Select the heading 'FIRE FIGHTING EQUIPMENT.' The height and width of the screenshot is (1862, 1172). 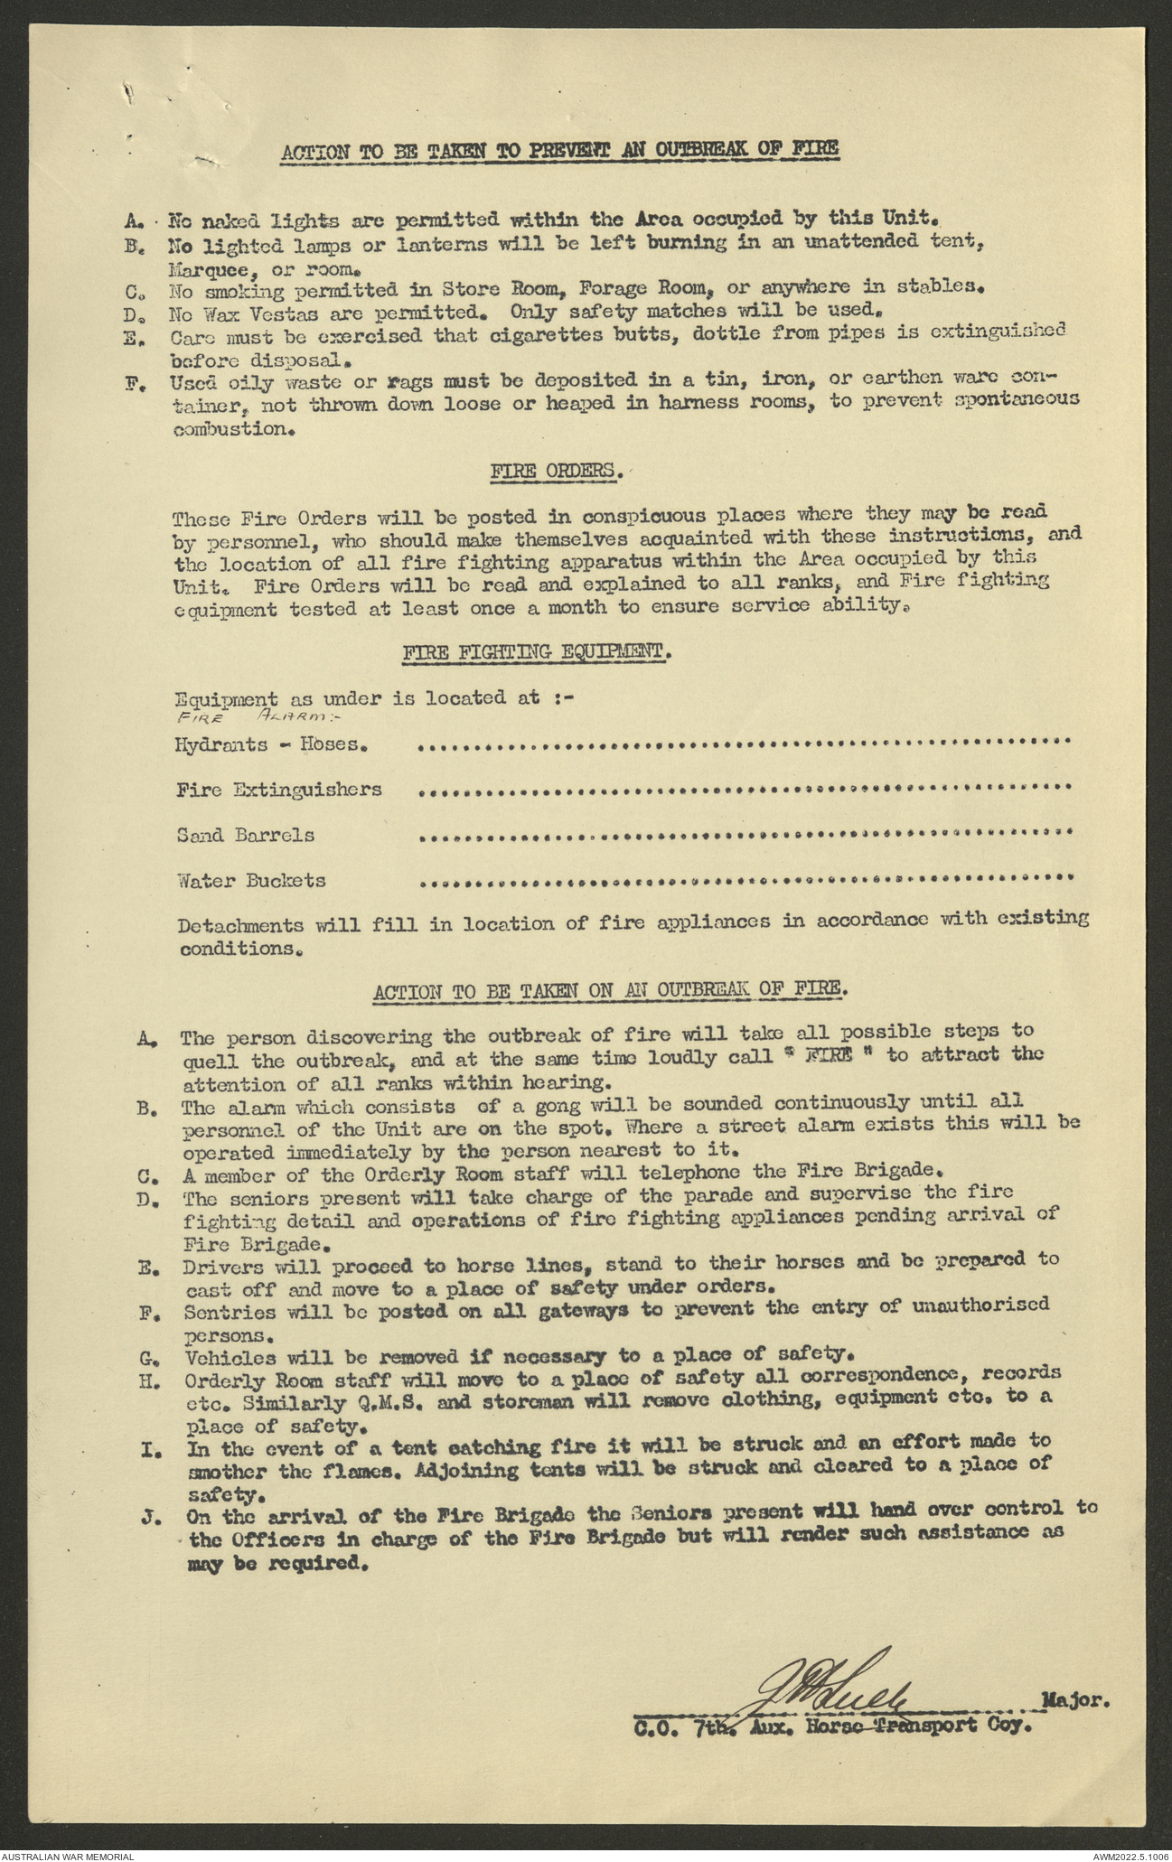(537, 651)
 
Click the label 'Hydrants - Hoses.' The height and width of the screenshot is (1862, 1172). (272, 745)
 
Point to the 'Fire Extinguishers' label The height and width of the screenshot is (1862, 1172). (279, 790)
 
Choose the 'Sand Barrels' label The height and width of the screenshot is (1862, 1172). (246, 835)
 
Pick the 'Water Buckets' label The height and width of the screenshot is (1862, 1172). (251, 880)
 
